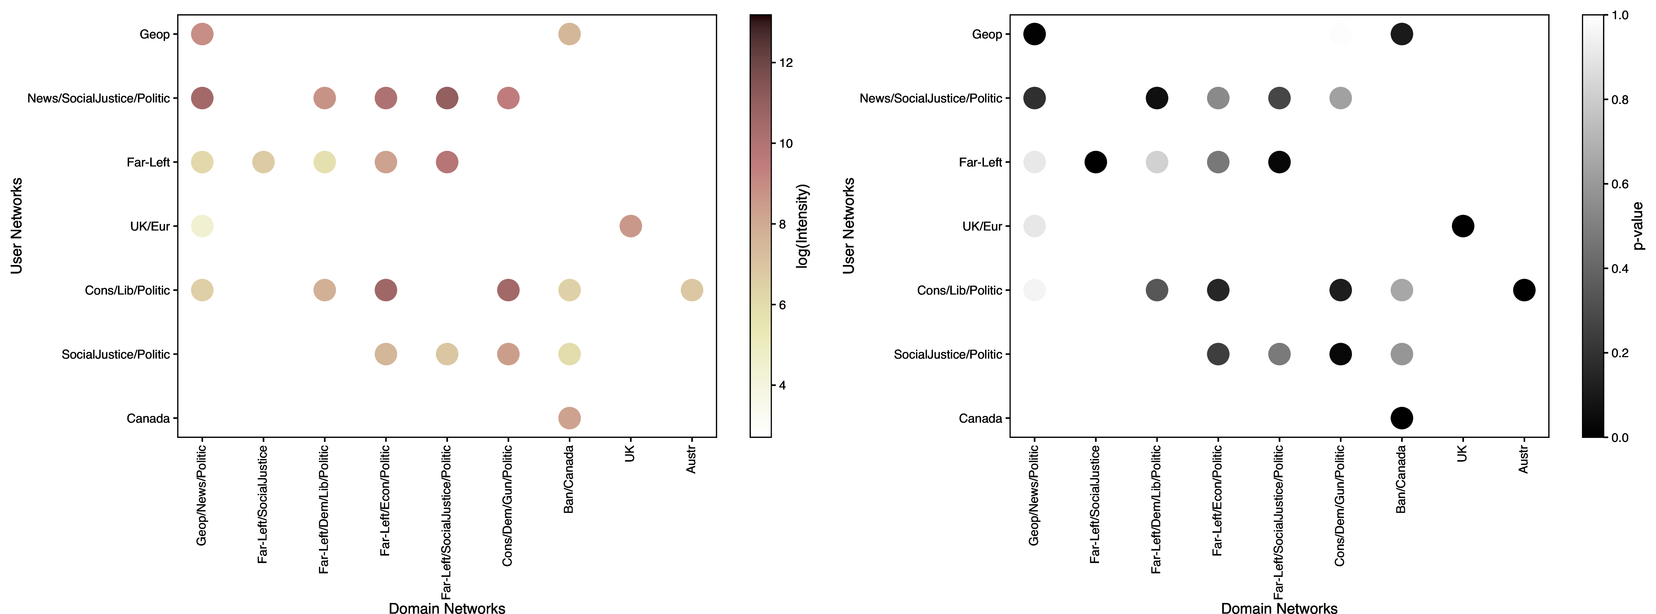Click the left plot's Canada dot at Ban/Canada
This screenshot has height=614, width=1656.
point(569,418)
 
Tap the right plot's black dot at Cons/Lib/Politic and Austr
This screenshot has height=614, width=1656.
point(1524,290)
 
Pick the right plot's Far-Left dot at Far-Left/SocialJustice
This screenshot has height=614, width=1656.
point(1096,162)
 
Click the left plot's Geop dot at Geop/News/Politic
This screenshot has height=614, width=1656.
point(202,34)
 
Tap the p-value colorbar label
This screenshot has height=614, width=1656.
point(1638,226)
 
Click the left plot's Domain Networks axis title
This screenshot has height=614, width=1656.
point(447,608)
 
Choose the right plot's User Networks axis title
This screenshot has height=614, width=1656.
point(848,226)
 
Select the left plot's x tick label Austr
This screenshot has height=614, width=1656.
point(691,460)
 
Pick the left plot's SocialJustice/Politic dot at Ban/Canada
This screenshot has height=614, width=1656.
point(569,354)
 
